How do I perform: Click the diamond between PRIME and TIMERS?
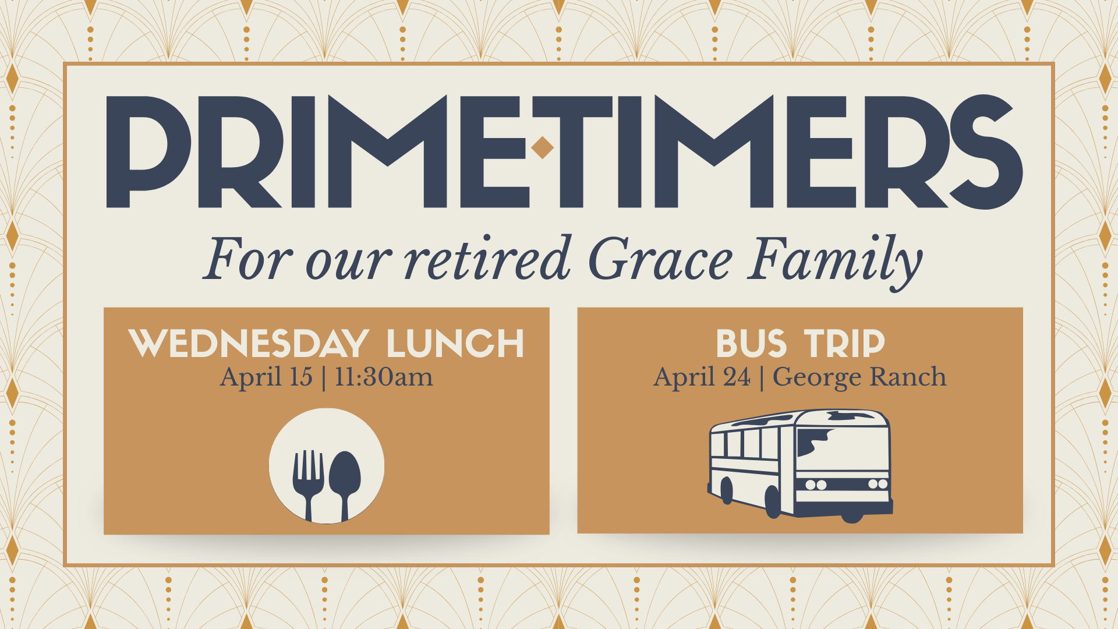click(542, 147)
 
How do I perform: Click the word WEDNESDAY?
click(249, 344)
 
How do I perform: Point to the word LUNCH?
click(455, 344)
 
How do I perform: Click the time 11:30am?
click(384, 377)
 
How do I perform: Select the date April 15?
click(266, 377)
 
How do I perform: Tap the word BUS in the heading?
click(751, 344)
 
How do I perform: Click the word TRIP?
click(844, 344)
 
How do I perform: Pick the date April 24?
click(702, 377)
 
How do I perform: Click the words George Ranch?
click(859, 377)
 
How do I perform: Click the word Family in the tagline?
click(834, 260)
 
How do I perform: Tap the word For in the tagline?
click(247, 260)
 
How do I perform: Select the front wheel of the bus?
click(773, 502)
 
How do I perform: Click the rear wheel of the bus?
click(726, 490)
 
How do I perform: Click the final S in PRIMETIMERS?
click(984, 151)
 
